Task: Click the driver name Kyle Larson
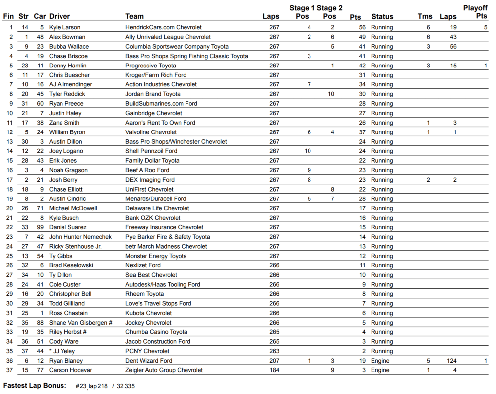64,27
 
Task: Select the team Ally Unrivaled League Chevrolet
168,37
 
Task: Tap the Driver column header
60,16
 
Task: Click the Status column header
382,16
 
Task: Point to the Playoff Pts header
475,12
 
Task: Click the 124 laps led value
451,361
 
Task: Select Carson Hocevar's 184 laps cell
274,370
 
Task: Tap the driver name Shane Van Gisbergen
80,323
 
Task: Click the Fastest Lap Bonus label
35,386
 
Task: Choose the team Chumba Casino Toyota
156,332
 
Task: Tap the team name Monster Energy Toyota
156,256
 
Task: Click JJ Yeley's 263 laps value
274,351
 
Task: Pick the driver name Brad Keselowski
70,265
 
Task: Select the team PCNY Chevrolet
147,351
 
